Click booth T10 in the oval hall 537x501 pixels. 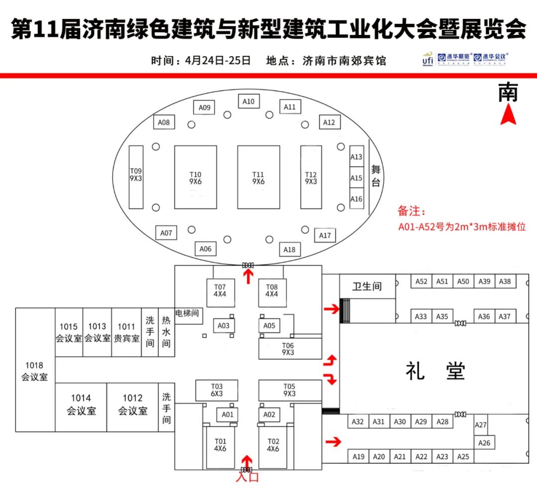[195, 177]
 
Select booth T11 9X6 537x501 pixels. [258, 177]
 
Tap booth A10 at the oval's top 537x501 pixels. [249, 101]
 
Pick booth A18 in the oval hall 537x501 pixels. [289, 249]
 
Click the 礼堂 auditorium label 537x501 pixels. [435, 371]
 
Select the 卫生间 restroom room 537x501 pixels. [367, 287]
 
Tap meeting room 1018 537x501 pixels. [35, 370]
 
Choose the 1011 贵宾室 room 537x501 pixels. [126, 332]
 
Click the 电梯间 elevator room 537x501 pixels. [187, 314]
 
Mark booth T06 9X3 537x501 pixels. [288, 349]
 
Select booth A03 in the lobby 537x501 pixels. [224, 326]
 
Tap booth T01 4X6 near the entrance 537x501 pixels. [220, 445]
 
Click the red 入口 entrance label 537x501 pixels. [247, 478]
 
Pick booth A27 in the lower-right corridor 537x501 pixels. [481, 425]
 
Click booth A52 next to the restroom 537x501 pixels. [421, 281]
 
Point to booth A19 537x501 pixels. [358, 456]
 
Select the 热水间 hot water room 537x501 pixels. [166, 332]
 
